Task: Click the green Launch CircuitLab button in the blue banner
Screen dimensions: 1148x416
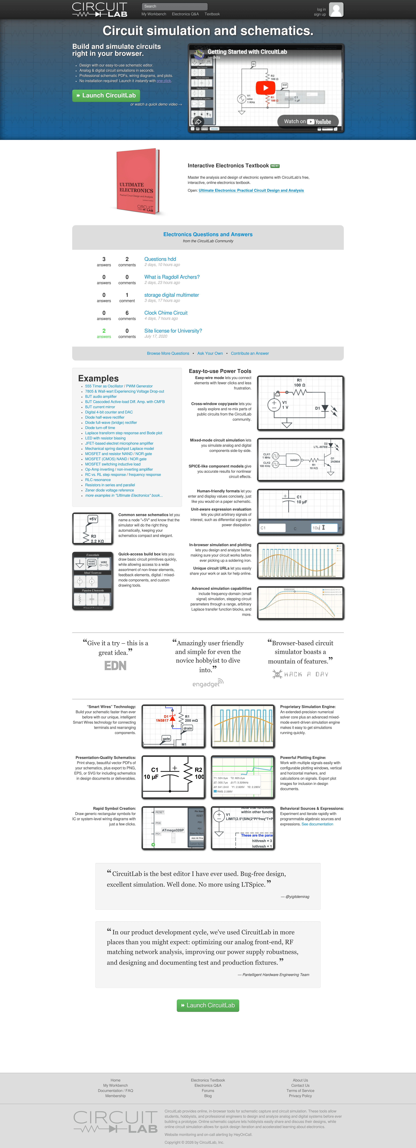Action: [106, 95]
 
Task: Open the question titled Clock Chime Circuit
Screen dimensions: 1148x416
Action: [166, 313]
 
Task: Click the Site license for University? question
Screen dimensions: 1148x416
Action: [173, 331]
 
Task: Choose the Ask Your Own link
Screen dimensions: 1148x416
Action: [210, 353]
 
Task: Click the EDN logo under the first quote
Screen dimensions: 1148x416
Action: [115, 666]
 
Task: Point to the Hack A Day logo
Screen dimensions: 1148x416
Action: [300, 674]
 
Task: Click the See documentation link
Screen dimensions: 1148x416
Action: [317, 824]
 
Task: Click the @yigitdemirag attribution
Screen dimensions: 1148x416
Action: [297, 897]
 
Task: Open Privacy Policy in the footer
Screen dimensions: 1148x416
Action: [300, 1096]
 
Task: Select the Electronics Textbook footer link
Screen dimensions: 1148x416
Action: [208, 1080]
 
